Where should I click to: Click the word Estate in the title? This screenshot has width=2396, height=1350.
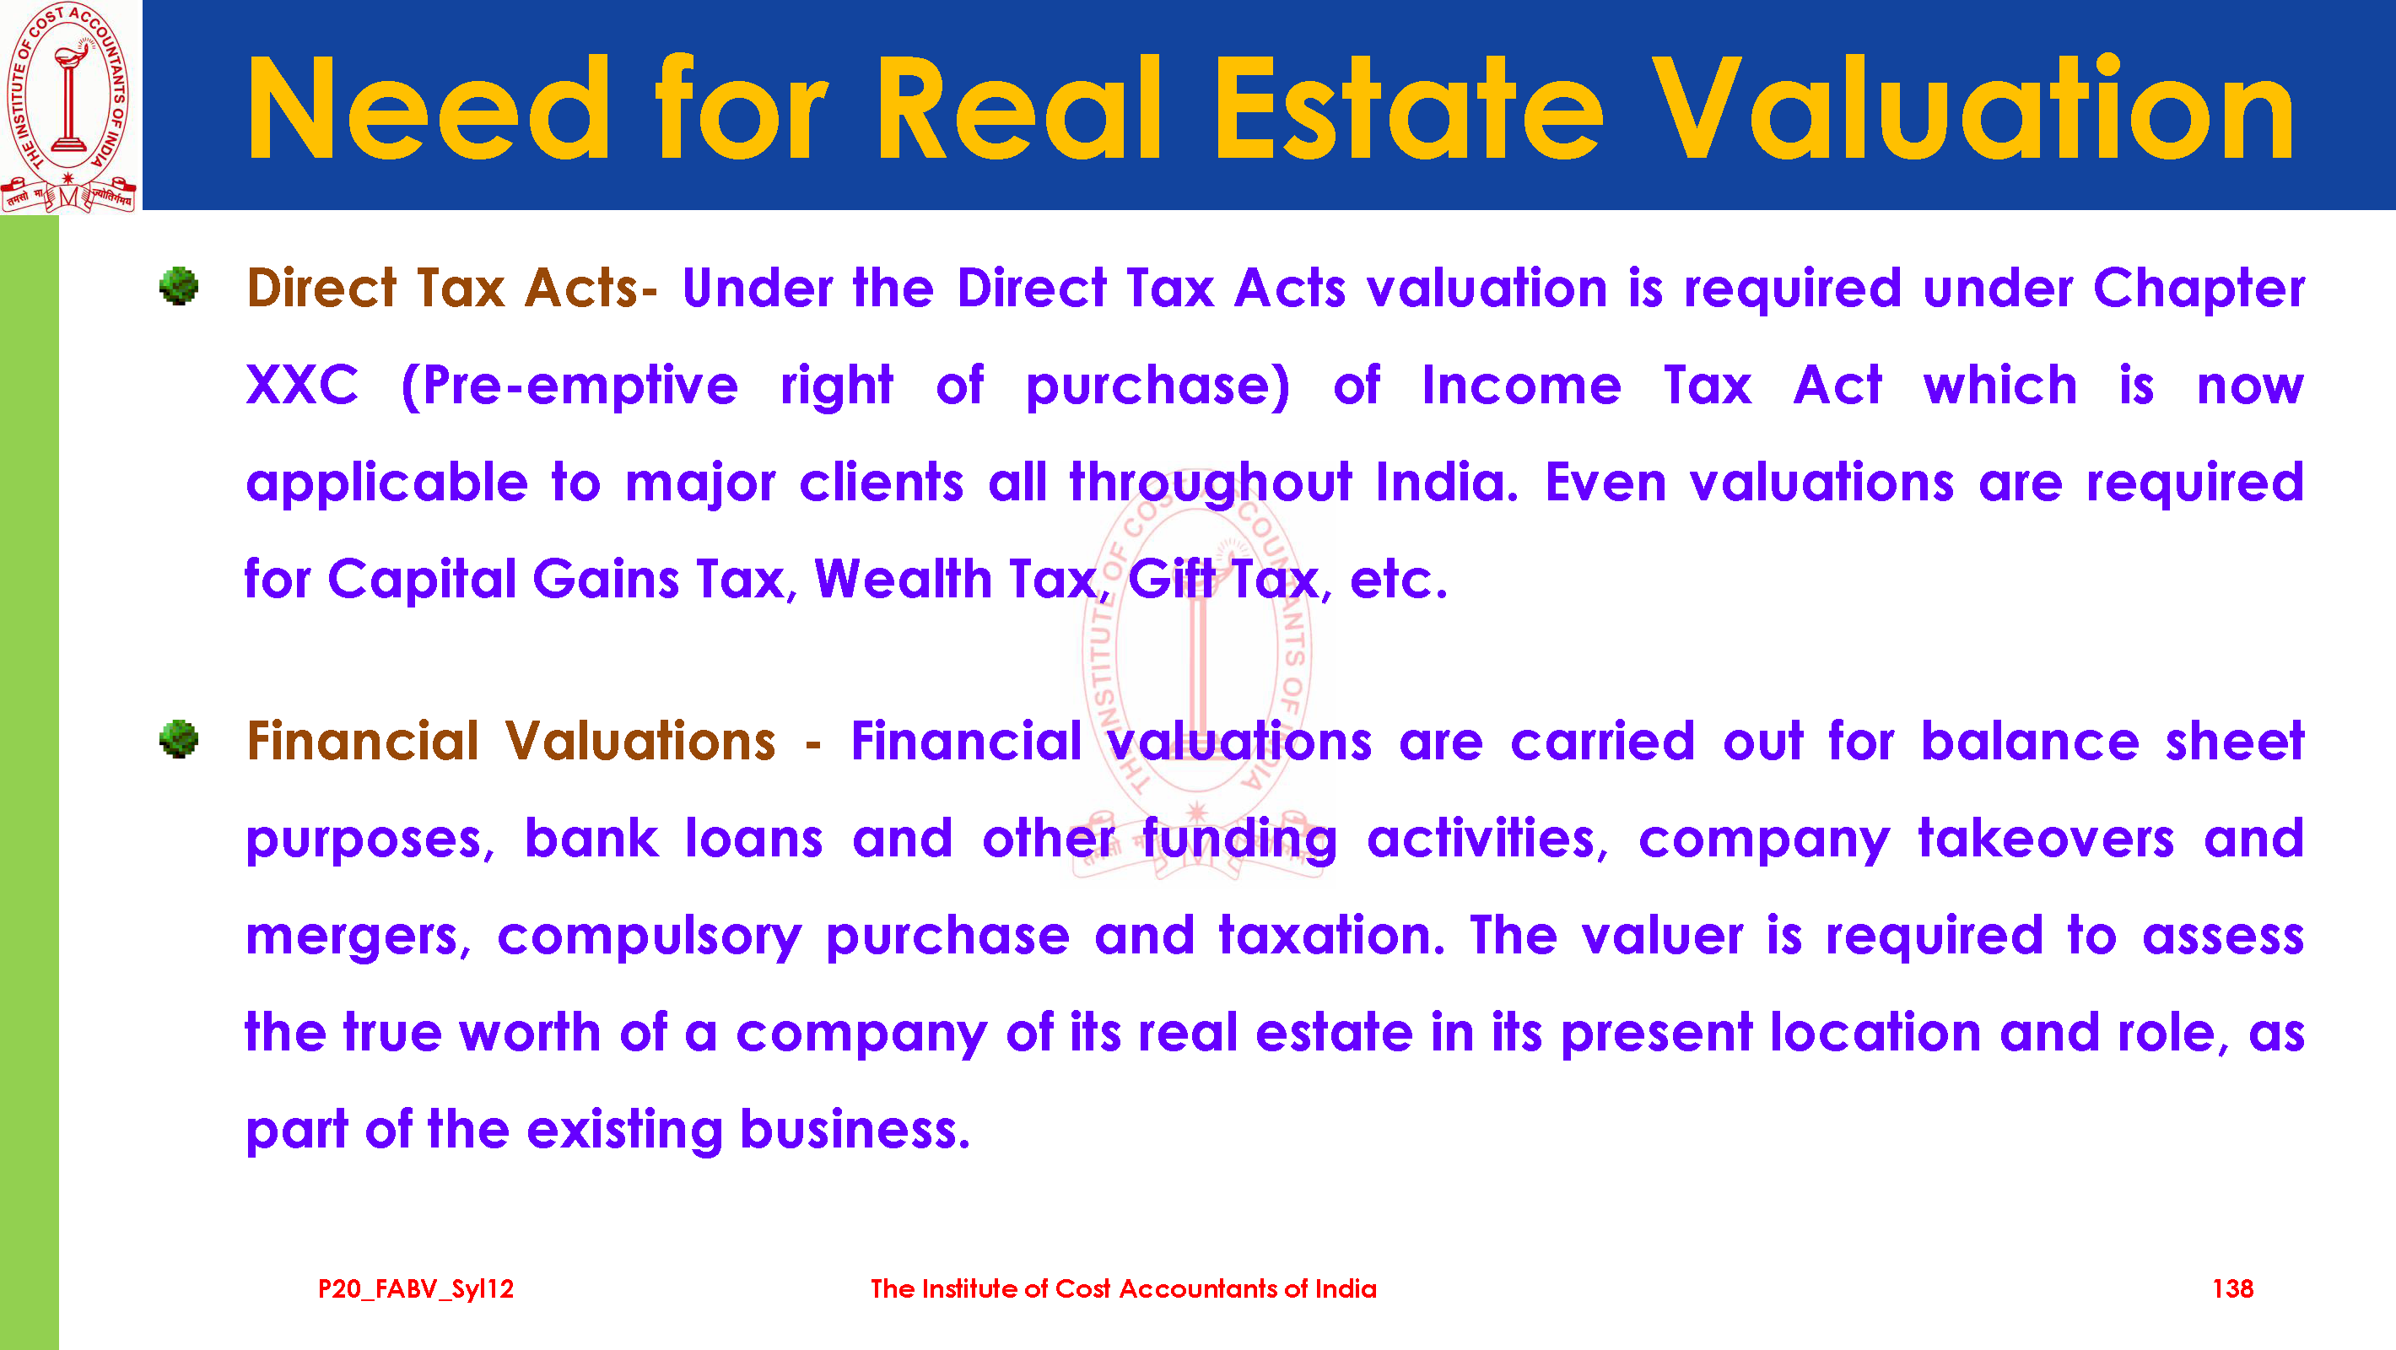click(1409, 110)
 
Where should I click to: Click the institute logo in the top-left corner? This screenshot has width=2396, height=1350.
click(70, 106)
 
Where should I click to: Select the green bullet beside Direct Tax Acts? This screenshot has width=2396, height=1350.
click(179, 286)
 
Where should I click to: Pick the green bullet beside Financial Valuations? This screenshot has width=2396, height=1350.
click(179, 740)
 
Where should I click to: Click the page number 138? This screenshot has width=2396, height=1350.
click(2232, 1288)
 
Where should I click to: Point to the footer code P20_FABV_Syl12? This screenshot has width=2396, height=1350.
click(416, 1289)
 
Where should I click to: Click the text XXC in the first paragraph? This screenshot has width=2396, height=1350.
click(302, 386)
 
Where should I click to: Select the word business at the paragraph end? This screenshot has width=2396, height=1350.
click(855, 1130)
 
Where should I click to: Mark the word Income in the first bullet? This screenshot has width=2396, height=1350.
click(1522, 386)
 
